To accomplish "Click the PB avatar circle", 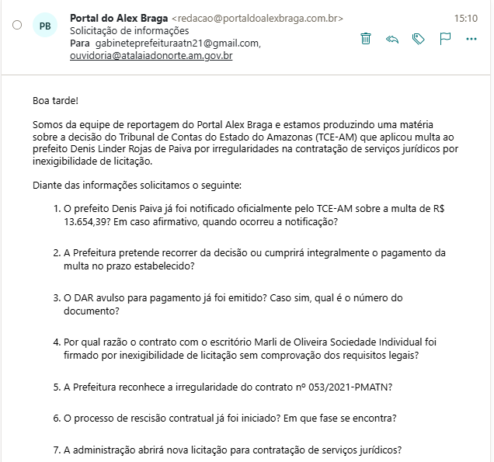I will tap(45, 25).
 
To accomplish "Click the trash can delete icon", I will tap(367, 38).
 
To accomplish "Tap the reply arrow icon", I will tap(392, 38).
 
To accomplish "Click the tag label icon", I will tap(419, 38).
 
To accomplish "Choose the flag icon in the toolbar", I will tap(445, 38).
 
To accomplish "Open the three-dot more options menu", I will tap(471, 38).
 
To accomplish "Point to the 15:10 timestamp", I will tap(465, 17).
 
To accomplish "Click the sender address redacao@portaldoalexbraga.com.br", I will tap(256, 18).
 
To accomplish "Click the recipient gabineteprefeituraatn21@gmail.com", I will tap(177, 43).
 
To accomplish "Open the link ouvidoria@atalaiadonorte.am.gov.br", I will tap(151, 56).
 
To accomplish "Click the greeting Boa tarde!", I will tap(55, 100).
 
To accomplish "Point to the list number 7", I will tap(56, 450).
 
